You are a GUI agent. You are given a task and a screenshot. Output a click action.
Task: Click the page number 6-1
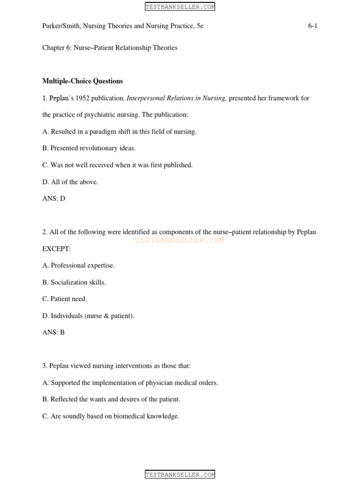312,26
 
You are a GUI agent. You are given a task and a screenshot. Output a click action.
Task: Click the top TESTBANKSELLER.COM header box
180,7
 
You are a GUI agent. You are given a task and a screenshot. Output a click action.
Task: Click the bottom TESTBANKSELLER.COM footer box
180,474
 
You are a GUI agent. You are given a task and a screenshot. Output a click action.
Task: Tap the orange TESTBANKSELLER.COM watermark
180,240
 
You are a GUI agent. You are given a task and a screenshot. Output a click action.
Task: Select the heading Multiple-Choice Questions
82,81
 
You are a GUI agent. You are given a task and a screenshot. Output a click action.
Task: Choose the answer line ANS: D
53,198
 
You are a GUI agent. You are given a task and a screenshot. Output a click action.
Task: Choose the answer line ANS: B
53,332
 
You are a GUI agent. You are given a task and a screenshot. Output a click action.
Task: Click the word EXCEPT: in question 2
56,249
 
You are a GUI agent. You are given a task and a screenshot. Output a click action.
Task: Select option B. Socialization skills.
74,282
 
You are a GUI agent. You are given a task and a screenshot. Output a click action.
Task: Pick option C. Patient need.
65,299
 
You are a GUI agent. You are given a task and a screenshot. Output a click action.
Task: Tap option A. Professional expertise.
78,265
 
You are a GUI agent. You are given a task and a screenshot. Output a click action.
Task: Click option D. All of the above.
70,182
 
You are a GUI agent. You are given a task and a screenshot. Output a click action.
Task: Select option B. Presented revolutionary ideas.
89,148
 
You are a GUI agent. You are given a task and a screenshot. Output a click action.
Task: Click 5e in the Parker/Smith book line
200,26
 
